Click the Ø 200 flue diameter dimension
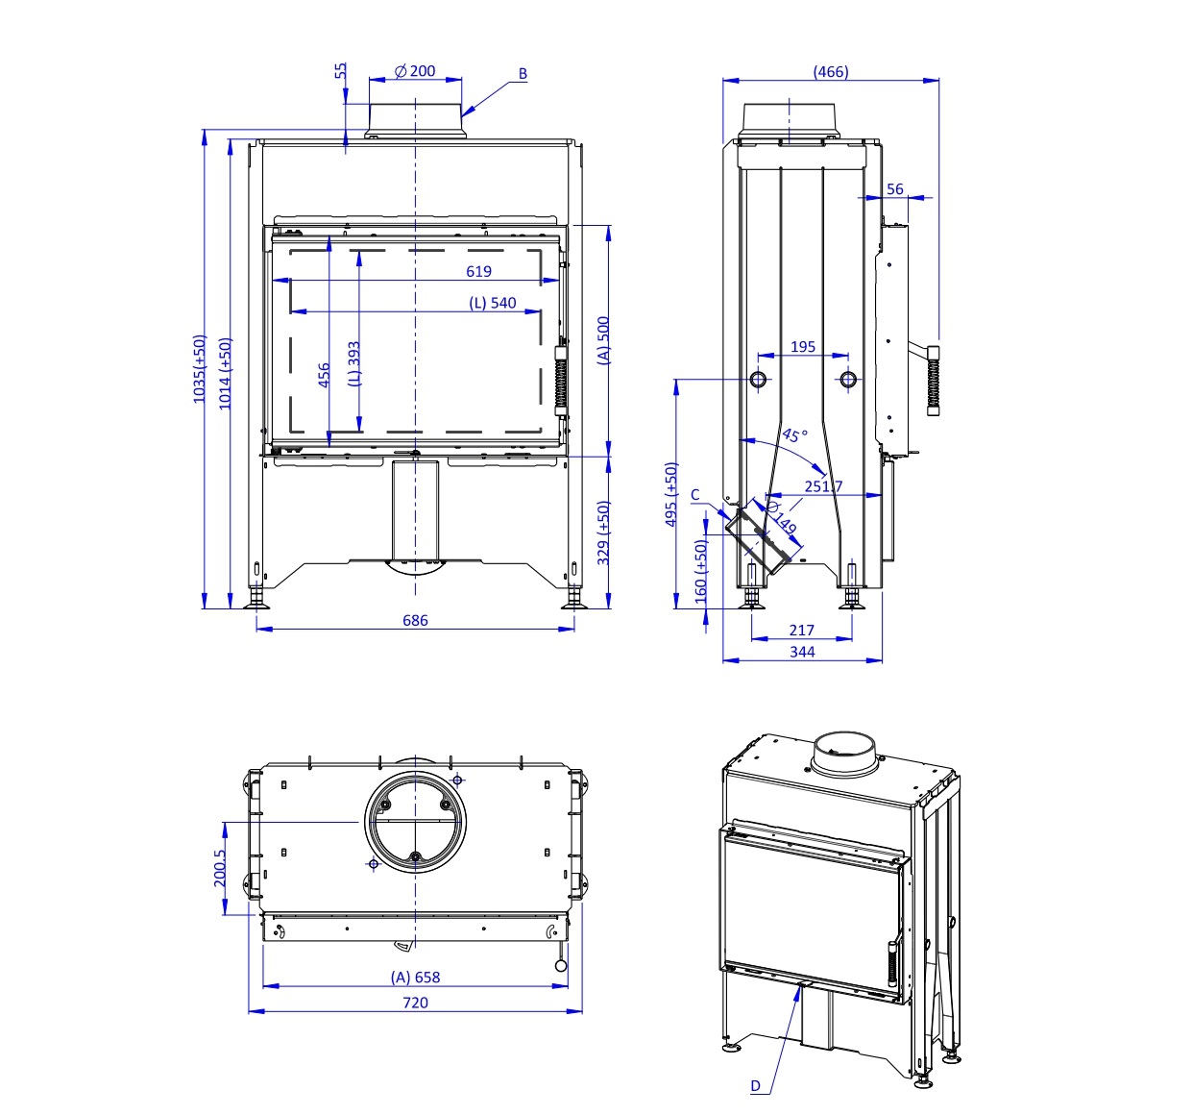tap(415, 71)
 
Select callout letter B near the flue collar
tap(523, 73)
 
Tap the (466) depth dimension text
tap(831, 71)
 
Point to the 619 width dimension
tap(478, 271)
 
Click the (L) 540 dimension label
tap(492, 303)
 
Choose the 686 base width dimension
tap(415, 620)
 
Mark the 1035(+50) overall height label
tap(199, 369)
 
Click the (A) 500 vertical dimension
tap(603, 340)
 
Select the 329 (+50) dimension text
tap(603, 533)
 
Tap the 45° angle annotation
tap(794, 434)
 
